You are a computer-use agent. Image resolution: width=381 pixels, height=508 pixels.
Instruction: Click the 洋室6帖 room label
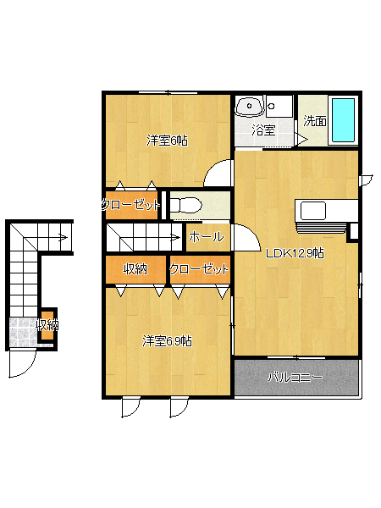[x=167, y=141]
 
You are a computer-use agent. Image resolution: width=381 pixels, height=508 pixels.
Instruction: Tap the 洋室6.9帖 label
[x=167, y=341]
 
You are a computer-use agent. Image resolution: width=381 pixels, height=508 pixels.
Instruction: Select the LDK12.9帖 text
[x=295, y=253]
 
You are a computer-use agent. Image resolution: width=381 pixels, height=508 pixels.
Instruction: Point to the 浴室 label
[x=263, y=130]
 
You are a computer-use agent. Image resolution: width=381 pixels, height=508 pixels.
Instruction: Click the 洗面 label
[x=315, y=121]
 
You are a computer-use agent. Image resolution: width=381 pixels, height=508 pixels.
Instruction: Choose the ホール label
[x=207, y=237]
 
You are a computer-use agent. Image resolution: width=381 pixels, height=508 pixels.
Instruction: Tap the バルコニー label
[x=295, y=378]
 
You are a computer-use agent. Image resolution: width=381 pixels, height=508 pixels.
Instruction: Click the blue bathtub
[x=344, y=120]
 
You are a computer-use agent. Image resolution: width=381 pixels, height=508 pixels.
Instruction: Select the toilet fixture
[x=185, y=205]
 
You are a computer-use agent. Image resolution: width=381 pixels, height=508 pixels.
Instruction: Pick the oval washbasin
[x=250, y=107]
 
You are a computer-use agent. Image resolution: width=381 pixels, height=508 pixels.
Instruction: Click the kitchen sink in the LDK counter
[x=313, y=211]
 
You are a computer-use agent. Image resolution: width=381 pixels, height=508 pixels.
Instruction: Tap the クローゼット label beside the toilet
[x=130, y=205]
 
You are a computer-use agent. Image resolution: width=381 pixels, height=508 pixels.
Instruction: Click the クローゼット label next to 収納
[x=199, y=269]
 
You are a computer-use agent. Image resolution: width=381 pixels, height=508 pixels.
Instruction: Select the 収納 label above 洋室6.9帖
[x=135, y=269]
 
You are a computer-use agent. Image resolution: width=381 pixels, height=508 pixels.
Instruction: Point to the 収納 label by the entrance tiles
[x=47, y=325]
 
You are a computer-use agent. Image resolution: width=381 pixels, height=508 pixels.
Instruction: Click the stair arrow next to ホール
[x=175, y=237]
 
